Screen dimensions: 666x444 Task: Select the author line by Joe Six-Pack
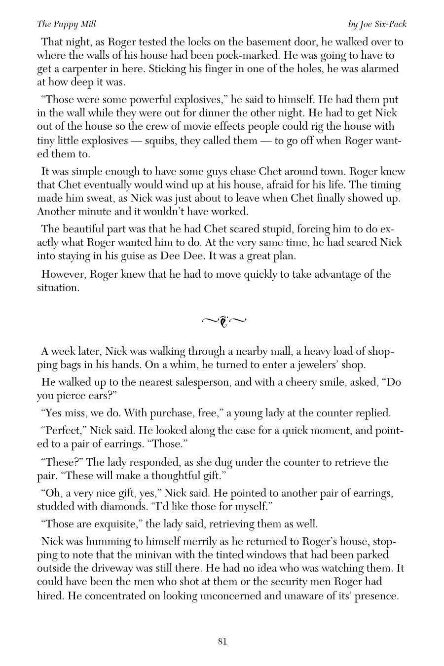pyautogui.click(x=377, y=24)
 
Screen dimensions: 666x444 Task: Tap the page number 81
pyautogui.click(x=222, y=641)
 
